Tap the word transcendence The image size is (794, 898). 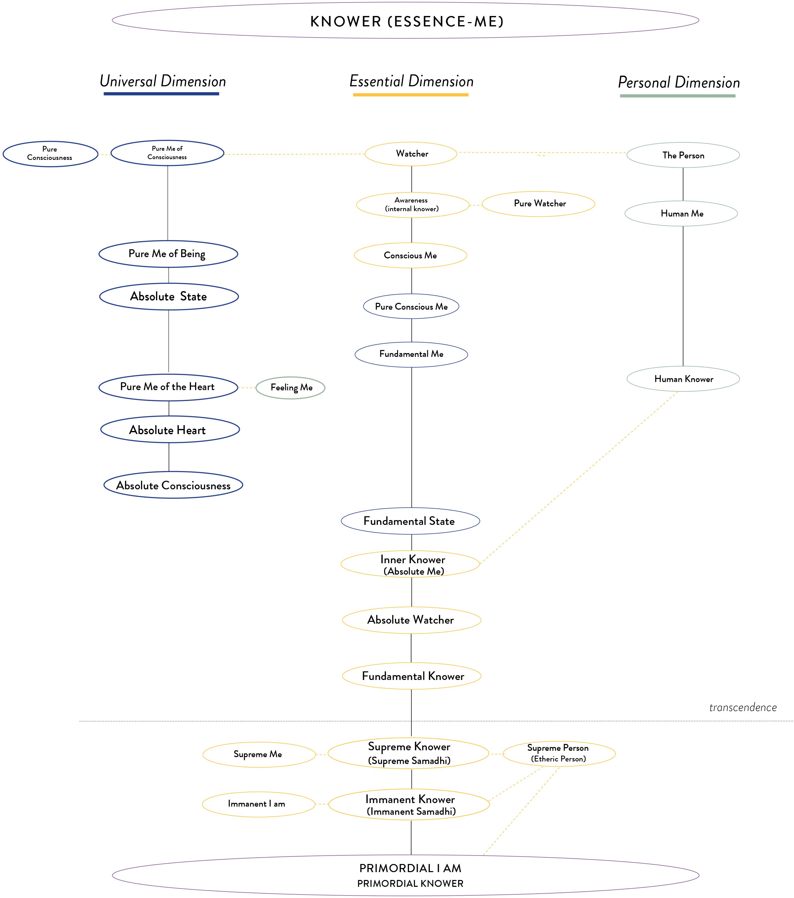coord(742,707)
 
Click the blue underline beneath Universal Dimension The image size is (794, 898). coord(161,94)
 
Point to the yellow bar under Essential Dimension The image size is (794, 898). coord(411,94)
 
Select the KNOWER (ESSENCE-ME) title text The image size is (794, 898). coord(407,22)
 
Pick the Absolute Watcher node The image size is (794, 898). coord(411,620)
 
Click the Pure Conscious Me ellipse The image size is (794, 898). coord(411,306)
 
